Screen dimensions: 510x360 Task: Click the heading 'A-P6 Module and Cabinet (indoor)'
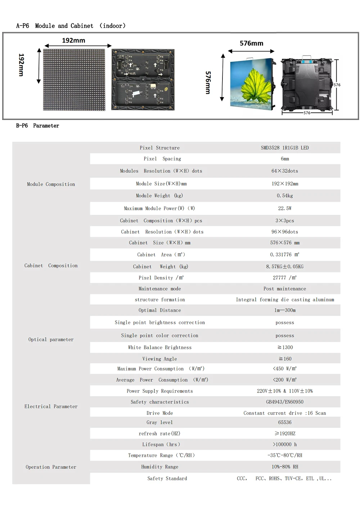[71, 26]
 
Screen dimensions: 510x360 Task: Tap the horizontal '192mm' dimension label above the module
[73, 40]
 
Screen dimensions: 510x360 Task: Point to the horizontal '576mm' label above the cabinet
[251, 43]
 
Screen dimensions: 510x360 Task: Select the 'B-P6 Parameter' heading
[37, 126]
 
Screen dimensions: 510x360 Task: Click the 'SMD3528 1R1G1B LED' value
[285, 148]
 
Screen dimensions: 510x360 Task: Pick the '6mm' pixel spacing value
[285, 159]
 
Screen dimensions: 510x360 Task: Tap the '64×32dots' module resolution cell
[285, 171]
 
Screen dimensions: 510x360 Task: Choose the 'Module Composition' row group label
[51, 184]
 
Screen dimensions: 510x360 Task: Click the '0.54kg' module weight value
[285, 196]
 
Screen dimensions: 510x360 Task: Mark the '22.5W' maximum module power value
[285, 209]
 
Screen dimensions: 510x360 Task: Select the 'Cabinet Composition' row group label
[51, 266]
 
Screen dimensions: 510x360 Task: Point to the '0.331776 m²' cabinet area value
[285, 255]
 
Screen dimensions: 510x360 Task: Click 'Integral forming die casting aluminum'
[285, 300]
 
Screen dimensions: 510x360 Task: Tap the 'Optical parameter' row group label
[51, 340]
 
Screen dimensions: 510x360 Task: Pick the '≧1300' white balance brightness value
[285, 348]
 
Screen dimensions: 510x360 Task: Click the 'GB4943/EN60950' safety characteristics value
[285, 402]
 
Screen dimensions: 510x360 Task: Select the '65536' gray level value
[285, 422]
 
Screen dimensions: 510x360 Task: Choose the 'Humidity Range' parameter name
[160, 467]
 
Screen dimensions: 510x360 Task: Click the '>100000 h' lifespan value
[285, 444]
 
